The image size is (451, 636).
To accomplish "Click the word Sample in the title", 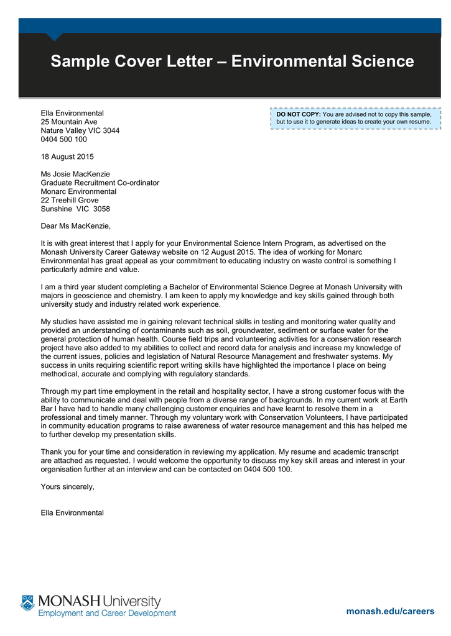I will point(78,61).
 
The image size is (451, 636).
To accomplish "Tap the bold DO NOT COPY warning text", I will point(299,115).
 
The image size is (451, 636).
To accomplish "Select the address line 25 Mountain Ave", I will point(68,122).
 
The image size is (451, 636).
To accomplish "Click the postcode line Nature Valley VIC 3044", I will point(80,131).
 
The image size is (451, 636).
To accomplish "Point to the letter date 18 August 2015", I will point(67,157).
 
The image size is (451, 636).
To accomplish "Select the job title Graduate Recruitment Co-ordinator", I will point(100,183).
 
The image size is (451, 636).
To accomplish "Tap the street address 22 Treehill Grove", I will point(69,201).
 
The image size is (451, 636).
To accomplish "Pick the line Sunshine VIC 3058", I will point(75,209).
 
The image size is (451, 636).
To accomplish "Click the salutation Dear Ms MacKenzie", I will point(75,226).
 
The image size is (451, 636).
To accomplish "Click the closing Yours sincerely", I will point(67,486).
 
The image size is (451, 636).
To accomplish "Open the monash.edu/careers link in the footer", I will point(390,611).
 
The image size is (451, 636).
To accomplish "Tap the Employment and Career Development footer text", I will point(107,614).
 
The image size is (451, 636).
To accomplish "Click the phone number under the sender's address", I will point(63,140).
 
